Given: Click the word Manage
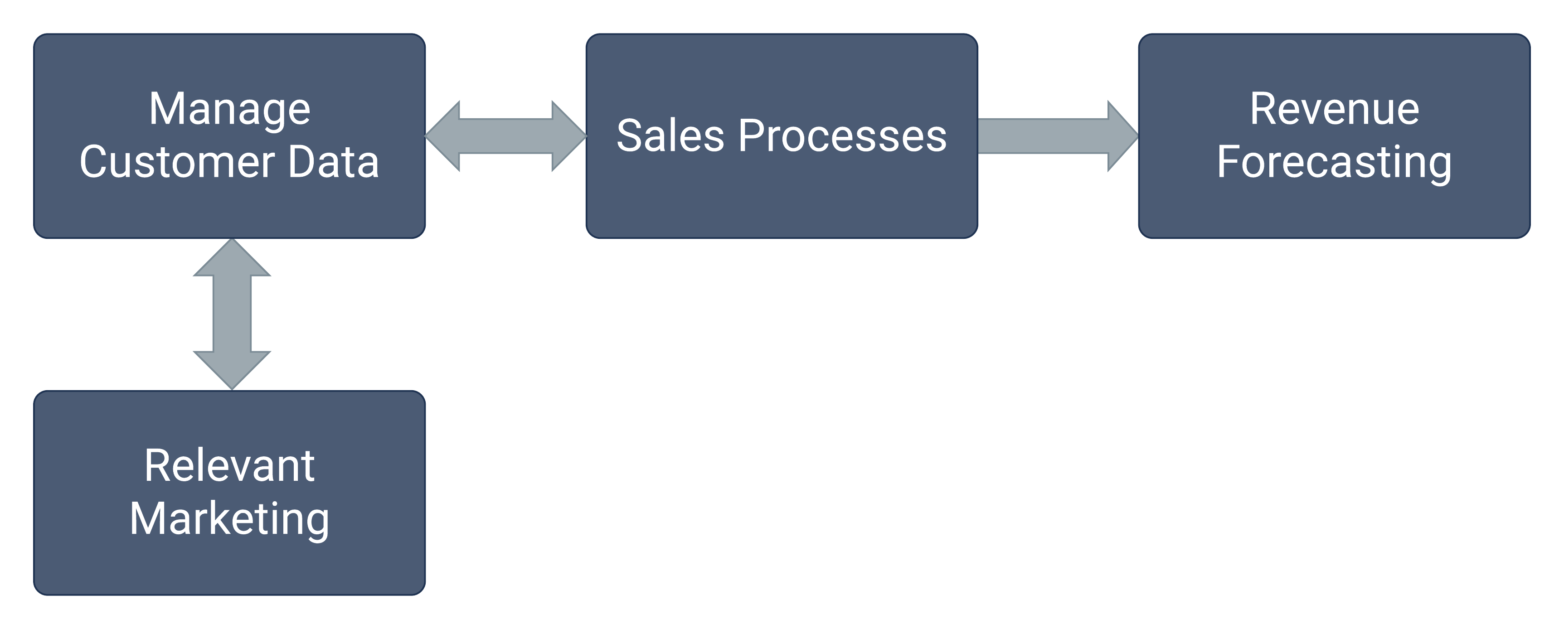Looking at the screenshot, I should click(229, 110).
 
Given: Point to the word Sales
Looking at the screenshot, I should click(670, 135).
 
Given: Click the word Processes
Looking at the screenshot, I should click(842, 135).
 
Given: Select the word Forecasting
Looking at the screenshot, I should click(1334, 162).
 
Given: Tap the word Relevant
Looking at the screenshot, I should click(229, 466).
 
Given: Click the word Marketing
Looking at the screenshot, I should click(229, 519).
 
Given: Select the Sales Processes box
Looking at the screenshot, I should click(782, 194).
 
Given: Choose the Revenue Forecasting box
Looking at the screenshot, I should click(1334, 207).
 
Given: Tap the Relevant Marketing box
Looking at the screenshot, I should click(229, 565).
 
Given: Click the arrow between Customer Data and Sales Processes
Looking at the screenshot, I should click(505, 136).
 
